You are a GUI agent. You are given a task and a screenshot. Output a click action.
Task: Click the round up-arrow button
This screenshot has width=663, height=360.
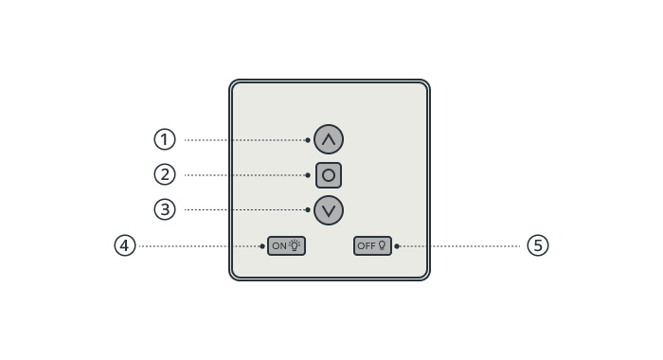click(x=329, y=139)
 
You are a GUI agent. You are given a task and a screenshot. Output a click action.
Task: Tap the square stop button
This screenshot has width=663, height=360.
click(x=329, y=175)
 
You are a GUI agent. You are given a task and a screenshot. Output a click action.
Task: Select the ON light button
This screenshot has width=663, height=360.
click(x=286, y=245)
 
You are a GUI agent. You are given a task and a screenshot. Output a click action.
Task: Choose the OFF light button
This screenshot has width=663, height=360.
click(x=372, y=245)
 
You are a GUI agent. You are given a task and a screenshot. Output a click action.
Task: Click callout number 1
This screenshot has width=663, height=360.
click(x=165, y=139)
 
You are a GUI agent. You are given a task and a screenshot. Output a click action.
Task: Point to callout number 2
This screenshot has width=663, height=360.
click(x=165, y=174)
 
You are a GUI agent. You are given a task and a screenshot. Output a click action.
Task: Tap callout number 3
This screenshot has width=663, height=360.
click(x=165, y=209)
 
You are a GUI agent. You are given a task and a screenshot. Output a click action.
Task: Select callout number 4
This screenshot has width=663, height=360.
click(x=125, y=245)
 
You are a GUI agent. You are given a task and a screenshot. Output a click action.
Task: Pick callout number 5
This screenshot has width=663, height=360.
click(x=538, y=245)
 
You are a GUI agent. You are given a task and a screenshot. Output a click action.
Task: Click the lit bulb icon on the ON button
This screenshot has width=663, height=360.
click(x=295, y=245)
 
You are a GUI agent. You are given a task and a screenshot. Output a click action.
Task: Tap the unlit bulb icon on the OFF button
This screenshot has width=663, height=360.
click(x=382, y=245)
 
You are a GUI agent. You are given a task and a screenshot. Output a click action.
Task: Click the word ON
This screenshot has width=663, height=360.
click(x=279, y=245)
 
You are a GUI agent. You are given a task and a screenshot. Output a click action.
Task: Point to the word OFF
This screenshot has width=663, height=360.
click(x=367, y=245)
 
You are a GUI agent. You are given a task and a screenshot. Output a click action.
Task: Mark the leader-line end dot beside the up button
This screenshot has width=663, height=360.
click(x=308, y=140)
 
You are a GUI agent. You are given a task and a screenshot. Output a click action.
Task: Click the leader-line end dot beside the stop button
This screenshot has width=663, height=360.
click(x=308, y=175)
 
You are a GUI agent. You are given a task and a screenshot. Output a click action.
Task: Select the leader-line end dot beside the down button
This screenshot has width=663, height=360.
click(x=308, y=209)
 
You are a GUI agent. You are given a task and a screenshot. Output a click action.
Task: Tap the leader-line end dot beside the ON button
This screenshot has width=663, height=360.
click(x=262, y=246)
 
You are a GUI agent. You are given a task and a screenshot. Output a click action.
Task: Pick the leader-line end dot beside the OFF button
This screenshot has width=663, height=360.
click(x=397, y=246)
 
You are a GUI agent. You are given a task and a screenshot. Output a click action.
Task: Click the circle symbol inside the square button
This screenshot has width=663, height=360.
click(x=329, y=175)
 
